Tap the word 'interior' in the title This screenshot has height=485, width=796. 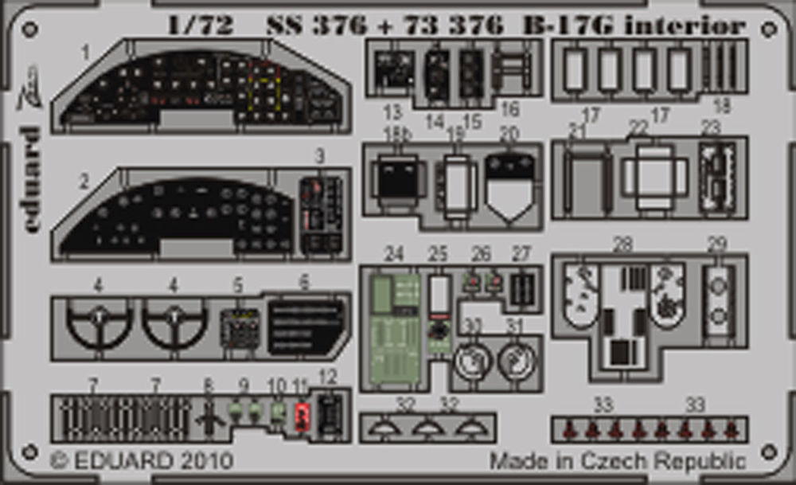685,25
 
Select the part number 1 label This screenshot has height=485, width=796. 85,53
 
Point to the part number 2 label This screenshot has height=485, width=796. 84,182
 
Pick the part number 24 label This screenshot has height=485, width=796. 394,254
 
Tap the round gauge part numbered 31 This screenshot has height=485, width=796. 517,361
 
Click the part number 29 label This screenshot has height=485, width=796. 716,244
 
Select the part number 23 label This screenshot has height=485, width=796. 711,128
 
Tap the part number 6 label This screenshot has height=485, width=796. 304,283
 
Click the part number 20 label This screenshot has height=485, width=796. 509,133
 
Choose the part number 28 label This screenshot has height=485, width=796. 622,244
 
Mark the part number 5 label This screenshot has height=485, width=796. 238,284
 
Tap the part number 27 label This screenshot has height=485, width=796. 521,254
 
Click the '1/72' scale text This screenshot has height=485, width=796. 201,25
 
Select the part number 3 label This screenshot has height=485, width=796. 319,156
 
